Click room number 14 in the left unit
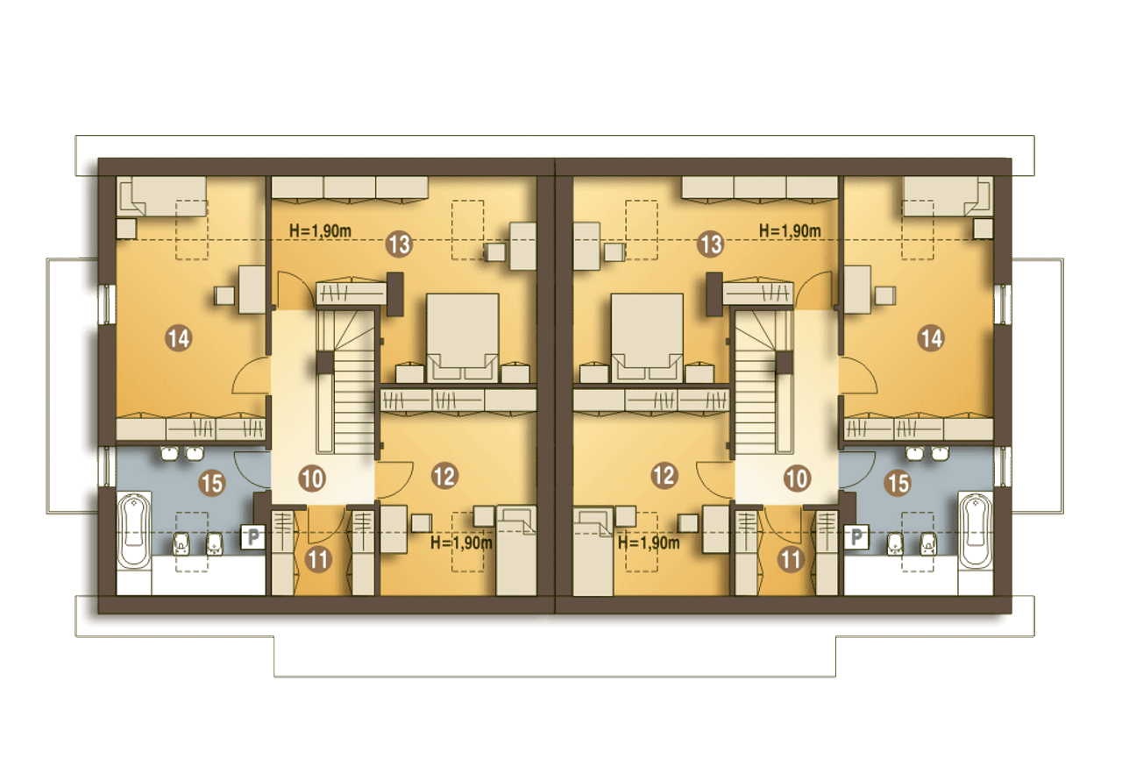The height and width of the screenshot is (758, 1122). click(x=179, y=338)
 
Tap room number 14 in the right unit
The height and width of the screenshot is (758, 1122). click(x=931, y=338)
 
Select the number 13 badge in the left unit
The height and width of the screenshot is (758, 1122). click(x=399, y=244)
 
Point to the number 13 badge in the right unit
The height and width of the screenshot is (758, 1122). click(x=711, y=244)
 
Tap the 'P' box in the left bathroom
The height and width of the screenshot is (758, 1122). click(x=253, y=537)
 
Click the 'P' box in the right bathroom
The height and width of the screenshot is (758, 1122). click(x=856, y=537)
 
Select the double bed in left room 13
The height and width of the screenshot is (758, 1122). click(x=462, y=338)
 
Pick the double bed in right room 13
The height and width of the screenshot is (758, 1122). click(x=647, y=338)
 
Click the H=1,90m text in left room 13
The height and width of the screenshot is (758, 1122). click(x=320, y=231)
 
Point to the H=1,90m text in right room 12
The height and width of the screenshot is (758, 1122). click(x=649, y=542)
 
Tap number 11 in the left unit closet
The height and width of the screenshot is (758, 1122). click(x=318, y=559)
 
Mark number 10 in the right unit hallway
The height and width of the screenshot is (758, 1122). click(x=797, y=478)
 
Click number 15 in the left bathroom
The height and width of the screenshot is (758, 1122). click(x=212, y=483)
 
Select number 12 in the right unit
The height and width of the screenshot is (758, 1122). click(x=664, y=476)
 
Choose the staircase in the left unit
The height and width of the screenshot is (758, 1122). click(x=346, y=381)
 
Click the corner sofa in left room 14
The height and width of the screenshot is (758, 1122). click(x=161, y=196)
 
